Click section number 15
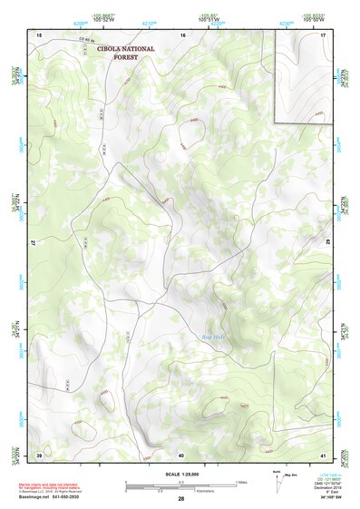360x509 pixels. coord(39,34)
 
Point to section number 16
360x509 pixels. coord(182,34)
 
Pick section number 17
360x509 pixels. coord(323,34)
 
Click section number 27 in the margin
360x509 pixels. coord(32,244)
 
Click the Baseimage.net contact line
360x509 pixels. coord(55,497)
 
